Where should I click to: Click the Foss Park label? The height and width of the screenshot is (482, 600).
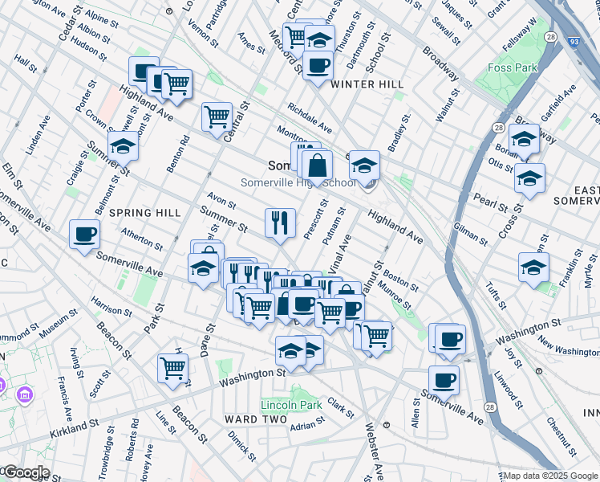(512, 68)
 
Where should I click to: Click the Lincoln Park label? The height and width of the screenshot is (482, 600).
(290, 405)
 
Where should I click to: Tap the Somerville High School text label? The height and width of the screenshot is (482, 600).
(299, 182)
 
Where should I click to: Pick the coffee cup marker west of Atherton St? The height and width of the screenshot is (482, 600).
(84, 235)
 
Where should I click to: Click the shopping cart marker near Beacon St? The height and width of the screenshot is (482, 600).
(172, 368)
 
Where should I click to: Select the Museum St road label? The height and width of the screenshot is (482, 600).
(54, 325)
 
